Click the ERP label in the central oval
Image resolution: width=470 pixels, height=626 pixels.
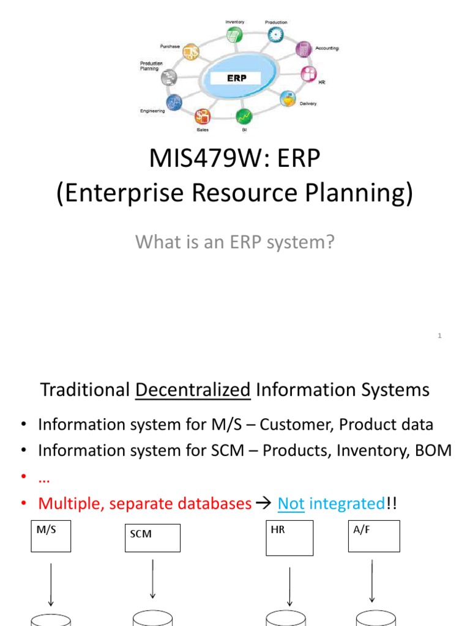pyautogui.click(x=236, y=78)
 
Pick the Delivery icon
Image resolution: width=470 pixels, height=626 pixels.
pyautogui.click(x=288, y=99)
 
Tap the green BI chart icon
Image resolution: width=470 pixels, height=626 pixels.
pyautogui.click(x=244, y=115)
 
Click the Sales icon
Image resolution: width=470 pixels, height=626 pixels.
pyautogui.click(x=203, y=116)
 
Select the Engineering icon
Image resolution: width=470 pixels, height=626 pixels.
pyautogui.click(x=174, y=102)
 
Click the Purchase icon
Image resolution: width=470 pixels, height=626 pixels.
pyautogui.click(x=191, y=52)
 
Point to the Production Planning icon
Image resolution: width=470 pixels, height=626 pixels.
pyautogui.click(x=169, y=77)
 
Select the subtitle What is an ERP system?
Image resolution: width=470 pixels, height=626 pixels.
pyautogui.click(x=235, y=242)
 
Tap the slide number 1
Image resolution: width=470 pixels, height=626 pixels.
pyautogui.click(x=440, y=334)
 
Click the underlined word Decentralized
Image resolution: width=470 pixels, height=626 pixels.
pyautogui.click(x=193, y=390)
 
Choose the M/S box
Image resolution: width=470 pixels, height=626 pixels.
pyautogui.click(x=51, y=536)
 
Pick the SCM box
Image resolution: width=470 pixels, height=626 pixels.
pyautogui.click(x=152, y=538)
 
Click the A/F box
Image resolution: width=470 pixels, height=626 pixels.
pyautogui.click(x=373, y=536)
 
